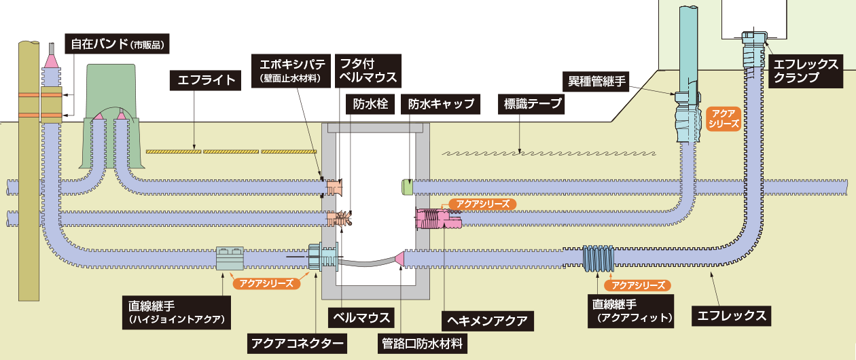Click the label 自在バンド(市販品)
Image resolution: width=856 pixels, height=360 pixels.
(x=117, y=45)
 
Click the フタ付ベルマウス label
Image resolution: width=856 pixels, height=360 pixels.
(x=368, y=70)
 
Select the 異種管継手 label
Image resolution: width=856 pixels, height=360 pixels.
(x=597, y=81)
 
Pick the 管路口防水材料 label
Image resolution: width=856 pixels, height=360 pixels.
(x=423, y=343)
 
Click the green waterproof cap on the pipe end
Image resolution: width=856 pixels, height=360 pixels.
(x=408, y=186)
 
